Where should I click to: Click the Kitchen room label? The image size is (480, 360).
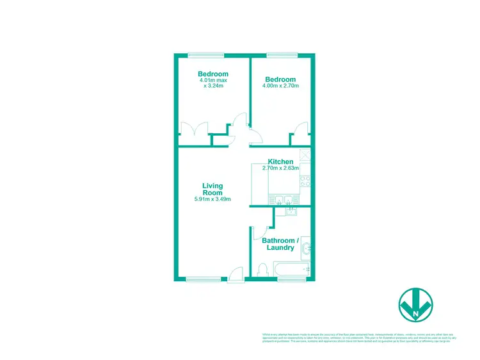pyautogui.click(x=280, y=161)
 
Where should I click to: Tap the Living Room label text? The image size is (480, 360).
pyautogui.click(x=212, y=189)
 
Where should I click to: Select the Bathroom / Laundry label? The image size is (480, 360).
pyautogui.click(x=278, y=244)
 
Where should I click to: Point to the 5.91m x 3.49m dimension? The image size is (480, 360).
pyautogui.click(x=212, y=200)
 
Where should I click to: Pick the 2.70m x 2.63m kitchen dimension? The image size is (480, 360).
pyautogui.click(x=280, y=168)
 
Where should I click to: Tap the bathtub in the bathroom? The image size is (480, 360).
pyautogui.click(x=292, y=269)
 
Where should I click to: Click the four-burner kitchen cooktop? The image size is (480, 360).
pyautogui.click(x=305, y=181)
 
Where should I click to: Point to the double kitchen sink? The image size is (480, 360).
pyautogui.click(x=283, y=199)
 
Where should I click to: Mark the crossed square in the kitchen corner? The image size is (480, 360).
pyautogui.click(x=305, y=154)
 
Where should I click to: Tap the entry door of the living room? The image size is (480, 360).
pyautogui.click(x=235, y=274)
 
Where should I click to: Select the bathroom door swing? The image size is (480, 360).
pyautogui.click(x=267, y=232)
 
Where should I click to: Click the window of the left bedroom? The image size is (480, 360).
pyautogui.click(x=206, y=54)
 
